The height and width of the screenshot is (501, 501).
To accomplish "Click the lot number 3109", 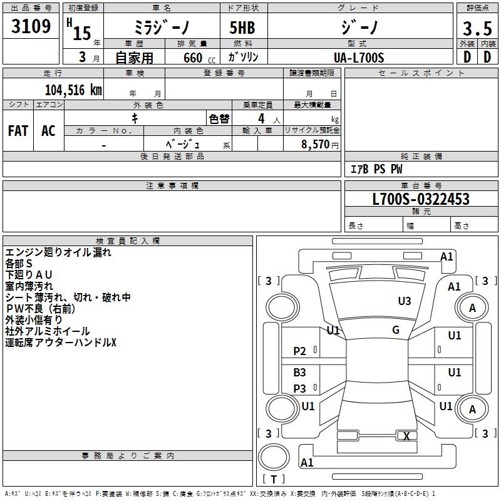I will pos(31,27).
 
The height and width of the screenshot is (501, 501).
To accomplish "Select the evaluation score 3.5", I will pos(477,29).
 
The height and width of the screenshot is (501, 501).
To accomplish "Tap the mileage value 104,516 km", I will pos(73,90).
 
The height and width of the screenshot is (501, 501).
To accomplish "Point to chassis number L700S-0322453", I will pos(420,199).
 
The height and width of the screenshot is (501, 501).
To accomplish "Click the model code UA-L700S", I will pos(359,57).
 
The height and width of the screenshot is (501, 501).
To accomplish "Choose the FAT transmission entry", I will pos(18,131).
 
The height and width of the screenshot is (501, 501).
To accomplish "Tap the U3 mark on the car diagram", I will pos(405,301).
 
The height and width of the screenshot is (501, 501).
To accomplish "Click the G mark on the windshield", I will pos(396,330).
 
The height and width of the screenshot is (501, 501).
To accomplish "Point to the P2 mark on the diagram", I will pos(300,351).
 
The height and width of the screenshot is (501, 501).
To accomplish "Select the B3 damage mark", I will pos(300,373).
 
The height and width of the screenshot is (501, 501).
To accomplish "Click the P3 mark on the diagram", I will pos(300,389).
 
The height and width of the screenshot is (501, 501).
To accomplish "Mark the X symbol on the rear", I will pos(406,436).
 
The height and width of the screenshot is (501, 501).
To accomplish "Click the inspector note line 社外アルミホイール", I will pos(48,331).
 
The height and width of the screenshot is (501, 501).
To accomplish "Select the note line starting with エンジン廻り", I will pos(58,252).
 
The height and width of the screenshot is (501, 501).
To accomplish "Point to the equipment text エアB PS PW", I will pos(376,169).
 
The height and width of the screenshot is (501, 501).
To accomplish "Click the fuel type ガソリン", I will pos(243,57).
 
